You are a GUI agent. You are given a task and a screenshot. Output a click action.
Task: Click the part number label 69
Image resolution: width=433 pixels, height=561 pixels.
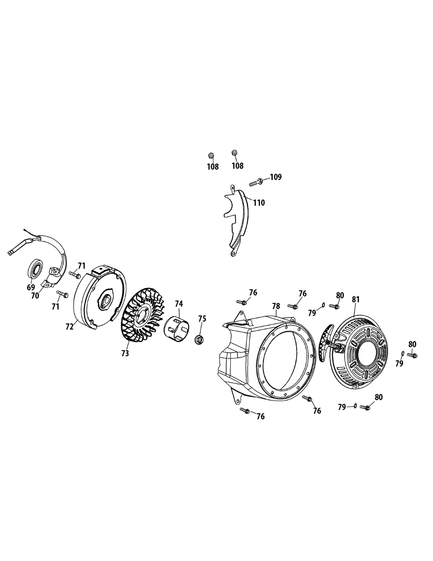[31, 287]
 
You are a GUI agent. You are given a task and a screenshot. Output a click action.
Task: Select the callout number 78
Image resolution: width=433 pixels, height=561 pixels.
[276, 306]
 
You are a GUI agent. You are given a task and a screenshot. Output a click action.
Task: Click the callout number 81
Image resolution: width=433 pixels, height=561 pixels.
[356, 299]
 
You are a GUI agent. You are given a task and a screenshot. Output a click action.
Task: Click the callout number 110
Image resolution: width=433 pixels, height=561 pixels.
[259, 203]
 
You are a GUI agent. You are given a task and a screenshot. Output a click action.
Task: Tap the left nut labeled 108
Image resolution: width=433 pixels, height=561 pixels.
[211, 155]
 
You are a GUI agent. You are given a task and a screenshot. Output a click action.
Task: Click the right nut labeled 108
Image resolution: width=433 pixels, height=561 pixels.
[234, 153]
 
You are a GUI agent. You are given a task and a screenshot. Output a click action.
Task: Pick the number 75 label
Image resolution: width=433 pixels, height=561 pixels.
[202, 318]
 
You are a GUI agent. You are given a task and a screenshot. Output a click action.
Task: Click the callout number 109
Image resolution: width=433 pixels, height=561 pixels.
[276, 177]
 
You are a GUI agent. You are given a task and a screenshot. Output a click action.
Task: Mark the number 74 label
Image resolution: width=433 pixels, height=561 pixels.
[178, 303]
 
